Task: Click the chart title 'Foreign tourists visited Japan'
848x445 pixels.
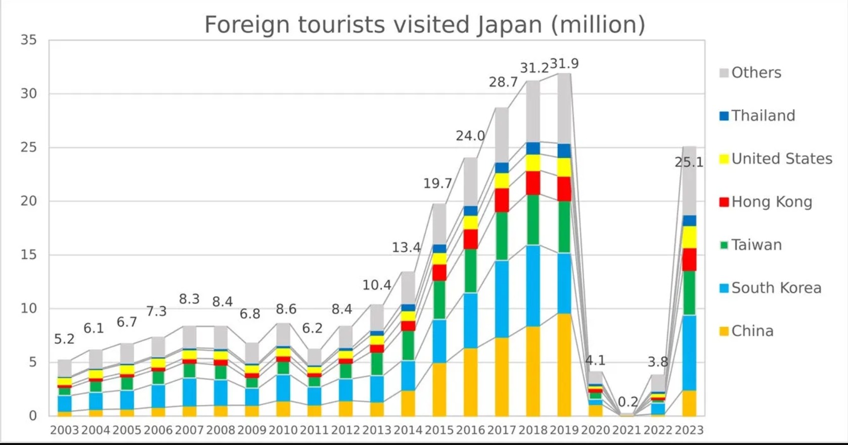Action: click(x=424, y=24)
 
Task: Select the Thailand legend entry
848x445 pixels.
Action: click(x=763, y=116)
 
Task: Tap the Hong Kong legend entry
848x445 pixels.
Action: click(x=771, y=202)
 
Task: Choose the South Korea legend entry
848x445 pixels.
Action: click(x=776, y=288)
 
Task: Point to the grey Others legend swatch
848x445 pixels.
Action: click(x=724, y=73)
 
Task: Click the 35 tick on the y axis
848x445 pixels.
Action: click(x=29, y=40)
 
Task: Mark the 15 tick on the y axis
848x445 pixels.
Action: click(x=29, y=255)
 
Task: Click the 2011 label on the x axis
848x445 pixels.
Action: click(x=314, y=430)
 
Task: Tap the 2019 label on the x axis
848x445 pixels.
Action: click(x=564, y=430)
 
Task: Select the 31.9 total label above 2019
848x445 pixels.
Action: click(x=564, y=64)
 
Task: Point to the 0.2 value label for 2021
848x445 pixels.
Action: click(x=628, y=402)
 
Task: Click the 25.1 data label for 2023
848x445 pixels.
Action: click(x=689, y=162)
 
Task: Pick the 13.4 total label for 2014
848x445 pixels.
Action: click(x=406, y=247)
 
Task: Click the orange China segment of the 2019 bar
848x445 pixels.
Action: click(x=564, y=364)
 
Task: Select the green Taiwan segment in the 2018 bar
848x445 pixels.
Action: click(x=533, y=220)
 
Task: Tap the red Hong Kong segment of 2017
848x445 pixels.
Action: click(x=502, y=200)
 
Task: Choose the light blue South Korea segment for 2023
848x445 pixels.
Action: click(x=689, y=352)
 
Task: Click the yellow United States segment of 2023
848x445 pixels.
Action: click(x=689, y=237)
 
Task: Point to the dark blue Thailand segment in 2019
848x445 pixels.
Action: click(x=564, y=151)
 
